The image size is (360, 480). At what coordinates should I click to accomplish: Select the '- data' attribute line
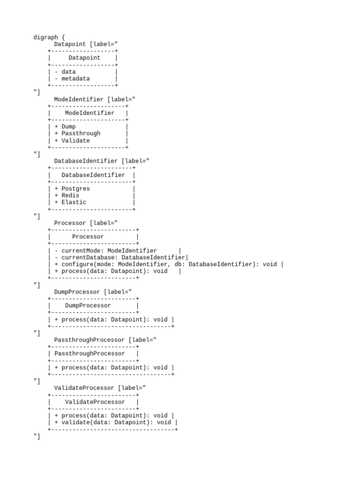pyautogui.click(x=65, y=72)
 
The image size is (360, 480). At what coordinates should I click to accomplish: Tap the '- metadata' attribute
pyautogui.click(x=72, y=79)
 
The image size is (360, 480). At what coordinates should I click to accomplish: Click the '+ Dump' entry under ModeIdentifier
pyautogui.click(x=65, y=127)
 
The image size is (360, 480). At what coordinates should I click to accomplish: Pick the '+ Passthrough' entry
pyautogui.click(x=77, y=134)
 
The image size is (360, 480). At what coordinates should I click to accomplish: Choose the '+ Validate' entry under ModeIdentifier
pyautogui.click(x=72, y=141)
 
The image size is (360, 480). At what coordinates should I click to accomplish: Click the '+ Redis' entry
pyautogui.click(x=67, y=195)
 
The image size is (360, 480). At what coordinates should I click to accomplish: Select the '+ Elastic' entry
pyautogui.click(x=70, y=202)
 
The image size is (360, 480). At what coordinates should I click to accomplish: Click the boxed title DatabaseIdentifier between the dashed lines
pyautogui.click(x=93, y=175)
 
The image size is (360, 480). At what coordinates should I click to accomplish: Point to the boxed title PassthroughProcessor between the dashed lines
pyautogui.click(x=90, y=353)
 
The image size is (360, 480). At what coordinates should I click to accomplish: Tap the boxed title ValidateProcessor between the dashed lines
pyautogui.click(x=95, y=402)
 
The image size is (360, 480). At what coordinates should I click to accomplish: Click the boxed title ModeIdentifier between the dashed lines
pyautogui.click(x=90, y=113)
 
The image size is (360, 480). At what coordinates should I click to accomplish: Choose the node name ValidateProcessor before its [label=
pyautogui.click(x=84, y=388)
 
